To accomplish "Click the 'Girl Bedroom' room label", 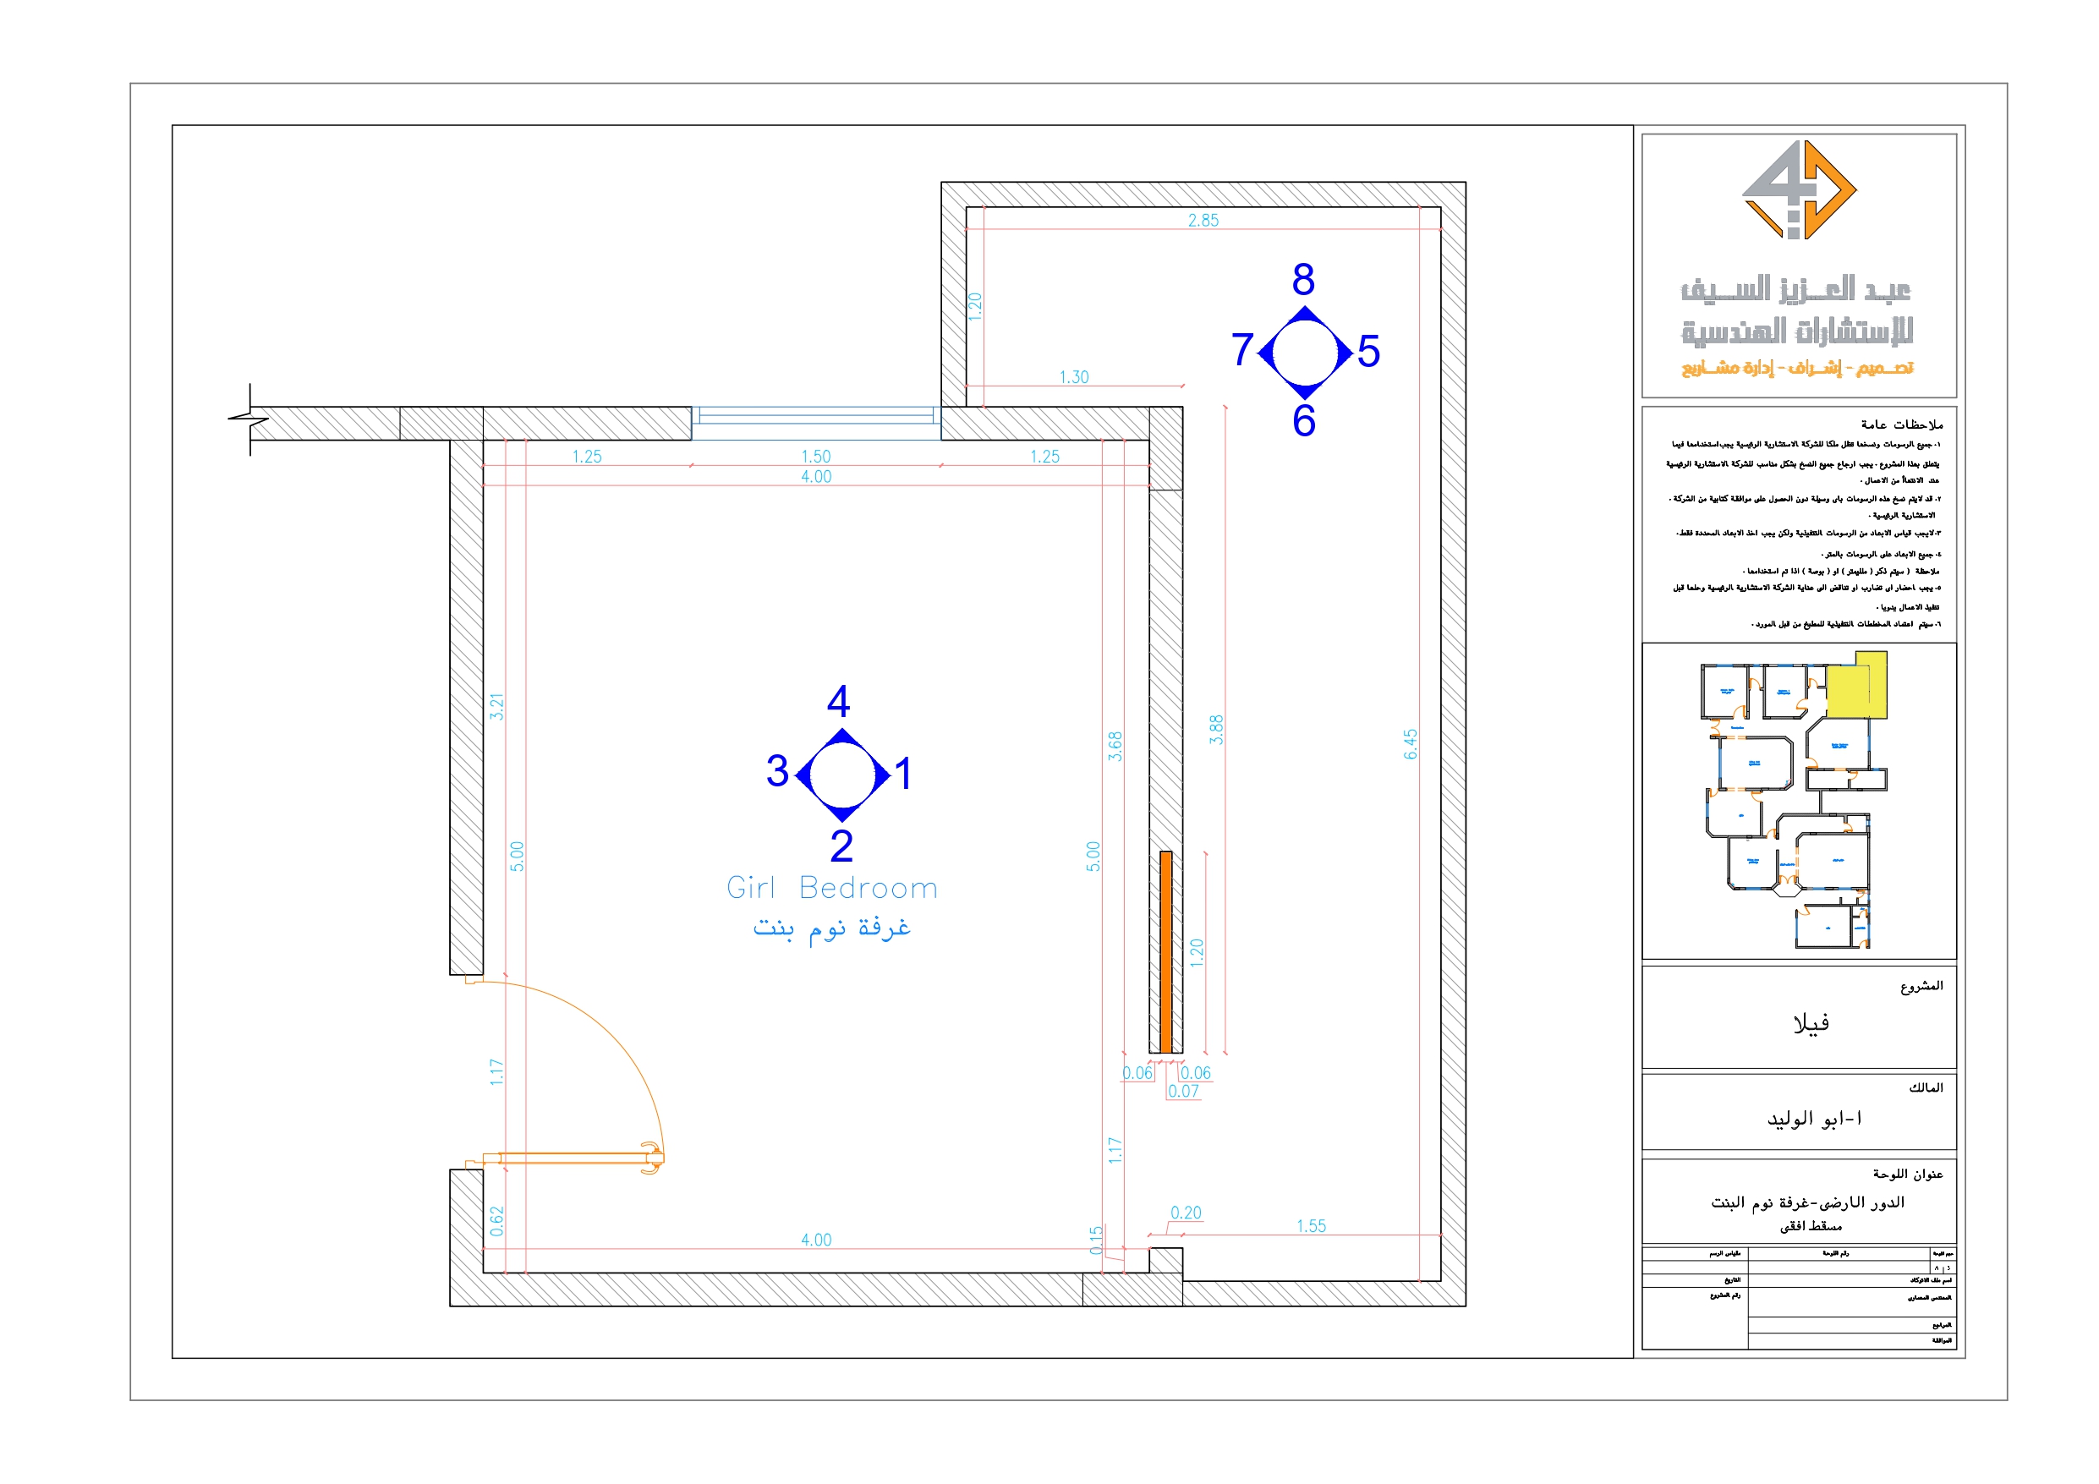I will pyautogui.click(x=832, y=888).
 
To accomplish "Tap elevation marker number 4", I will pyautogui.click(x=838, y=701).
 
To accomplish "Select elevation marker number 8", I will pyautogui.click(x=1304, y=280).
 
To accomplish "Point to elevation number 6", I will pyautogui.click(x=1304, y=420).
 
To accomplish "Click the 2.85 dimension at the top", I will pyautogui.click(x=1203, y=221).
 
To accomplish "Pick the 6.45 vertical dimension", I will pyautogui.click(x=1411, y=743).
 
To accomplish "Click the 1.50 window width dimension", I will pyautogui.click(x=815, y=457).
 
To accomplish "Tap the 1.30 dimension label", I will pyautogui.click(x=1074, y=377).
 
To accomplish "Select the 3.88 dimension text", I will pyautogui.click(x=1216, y=729).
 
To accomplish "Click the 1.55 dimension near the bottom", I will pyautogui.click(x=1311, y=1226).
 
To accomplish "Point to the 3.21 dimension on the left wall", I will pyautogui.click(x=496, y=706).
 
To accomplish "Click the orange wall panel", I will pyautogui.click(x=1165, y=952).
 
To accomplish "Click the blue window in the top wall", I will pyautogui.click(x=815, y=416).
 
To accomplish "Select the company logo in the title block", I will pyautogui.click(x=1799, y=190).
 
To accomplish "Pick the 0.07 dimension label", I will pyautogui.click(x=1183, y=1091).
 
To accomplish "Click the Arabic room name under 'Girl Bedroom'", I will pyautogui.click(x=832, y=929).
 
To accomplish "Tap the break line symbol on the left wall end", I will pyautogui.click(x=249, y=419).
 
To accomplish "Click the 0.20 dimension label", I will pyautogui.click(x=1186, y=1213).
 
